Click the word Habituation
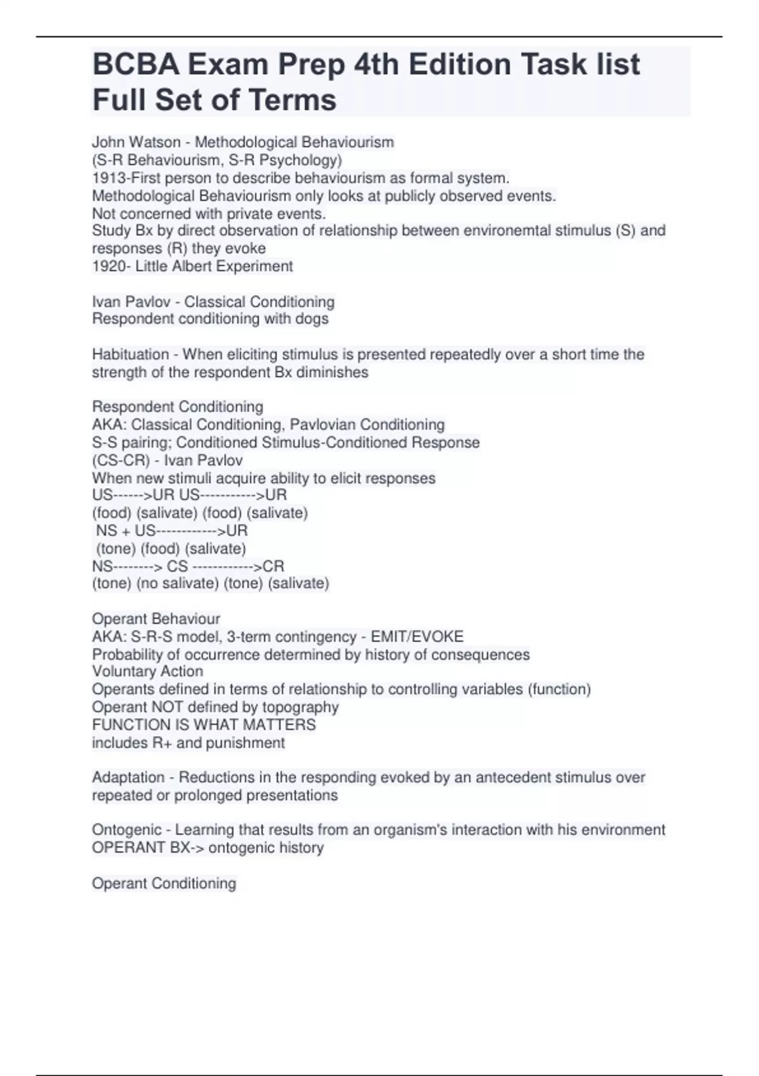point(130,354)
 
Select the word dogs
point(312,319)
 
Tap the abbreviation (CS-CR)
point(121,460)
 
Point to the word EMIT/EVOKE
point(417,637)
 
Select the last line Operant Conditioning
point(164,883)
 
